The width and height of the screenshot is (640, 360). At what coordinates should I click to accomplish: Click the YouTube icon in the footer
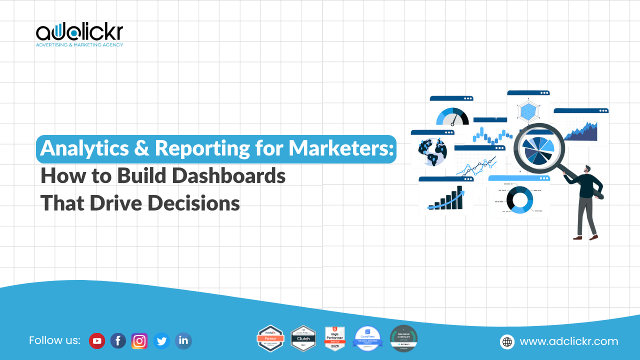[97, 341]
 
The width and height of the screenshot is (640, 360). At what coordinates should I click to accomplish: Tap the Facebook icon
[118, 341]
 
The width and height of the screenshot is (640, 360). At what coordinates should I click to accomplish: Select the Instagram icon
[139, 341]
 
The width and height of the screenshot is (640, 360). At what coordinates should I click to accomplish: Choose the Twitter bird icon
[161, 341]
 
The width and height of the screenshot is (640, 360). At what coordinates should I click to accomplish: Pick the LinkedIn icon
[183, 341]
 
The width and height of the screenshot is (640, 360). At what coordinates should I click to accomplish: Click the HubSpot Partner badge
[270, 338]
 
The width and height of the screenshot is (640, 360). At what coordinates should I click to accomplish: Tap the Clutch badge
[303, 338]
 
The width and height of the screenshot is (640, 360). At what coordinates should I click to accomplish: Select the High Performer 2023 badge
[335, 338]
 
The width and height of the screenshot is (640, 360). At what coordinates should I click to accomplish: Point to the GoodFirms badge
[367, 338]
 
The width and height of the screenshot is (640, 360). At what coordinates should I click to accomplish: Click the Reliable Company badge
[403, 338]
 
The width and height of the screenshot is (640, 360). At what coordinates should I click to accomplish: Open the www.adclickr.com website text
[569, 341]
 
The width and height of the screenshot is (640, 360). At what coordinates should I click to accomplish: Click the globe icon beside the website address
[507, 341]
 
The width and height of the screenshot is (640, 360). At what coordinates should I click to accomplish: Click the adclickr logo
[79, 34]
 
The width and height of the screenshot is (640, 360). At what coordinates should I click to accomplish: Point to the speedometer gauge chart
[452, 117]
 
